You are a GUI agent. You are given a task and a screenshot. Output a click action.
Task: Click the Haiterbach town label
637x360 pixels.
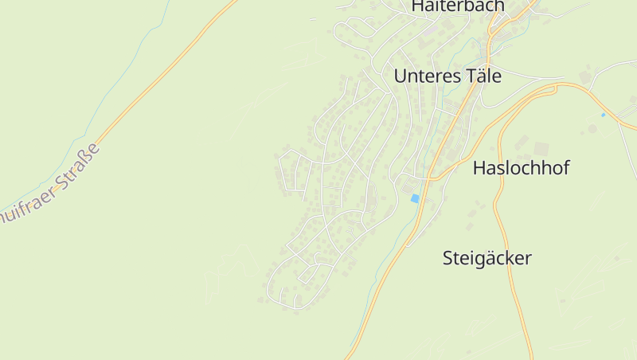(x=458, y=6)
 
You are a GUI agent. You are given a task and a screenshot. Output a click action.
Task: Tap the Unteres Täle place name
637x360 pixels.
(x=447, y=76)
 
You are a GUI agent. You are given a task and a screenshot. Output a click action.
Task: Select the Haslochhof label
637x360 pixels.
(x=522, y=168)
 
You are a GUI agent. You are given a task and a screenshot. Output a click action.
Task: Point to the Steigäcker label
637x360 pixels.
(x=487, y=258)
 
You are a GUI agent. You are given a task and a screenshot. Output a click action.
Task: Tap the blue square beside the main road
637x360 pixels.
(x=414, y=198)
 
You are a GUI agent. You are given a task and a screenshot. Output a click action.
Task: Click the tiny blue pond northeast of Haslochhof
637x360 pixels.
(x=603, y=115)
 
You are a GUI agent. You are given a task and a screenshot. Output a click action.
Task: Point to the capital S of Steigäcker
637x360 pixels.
(x=447, y=258)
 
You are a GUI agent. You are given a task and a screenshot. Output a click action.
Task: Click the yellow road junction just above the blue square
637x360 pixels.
(x=427, y=180)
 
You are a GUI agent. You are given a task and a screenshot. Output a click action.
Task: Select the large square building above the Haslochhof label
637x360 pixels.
(x=541, y=149)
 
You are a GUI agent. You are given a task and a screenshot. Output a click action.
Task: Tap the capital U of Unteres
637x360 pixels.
(x=401, y=76)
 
